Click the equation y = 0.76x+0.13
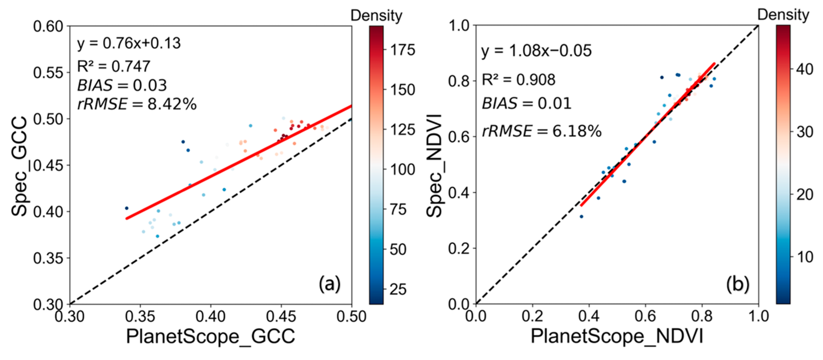(129, 43)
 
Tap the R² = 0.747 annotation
(113, 66)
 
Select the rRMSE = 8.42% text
(137, 104)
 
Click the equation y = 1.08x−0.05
(536, 51)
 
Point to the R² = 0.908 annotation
(518, 79)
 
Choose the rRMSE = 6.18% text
(542, 131)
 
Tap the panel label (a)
(329, 284)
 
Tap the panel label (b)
(737, 284)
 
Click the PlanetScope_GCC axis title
(211, 336)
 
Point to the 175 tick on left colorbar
(403, 50)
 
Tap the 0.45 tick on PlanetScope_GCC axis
(281, 316)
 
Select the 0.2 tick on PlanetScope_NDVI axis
(532, 316)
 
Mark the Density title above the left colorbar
(376, 15)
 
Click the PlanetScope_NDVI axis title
(617, 336)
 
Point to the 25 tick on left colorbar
(398, 289)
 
